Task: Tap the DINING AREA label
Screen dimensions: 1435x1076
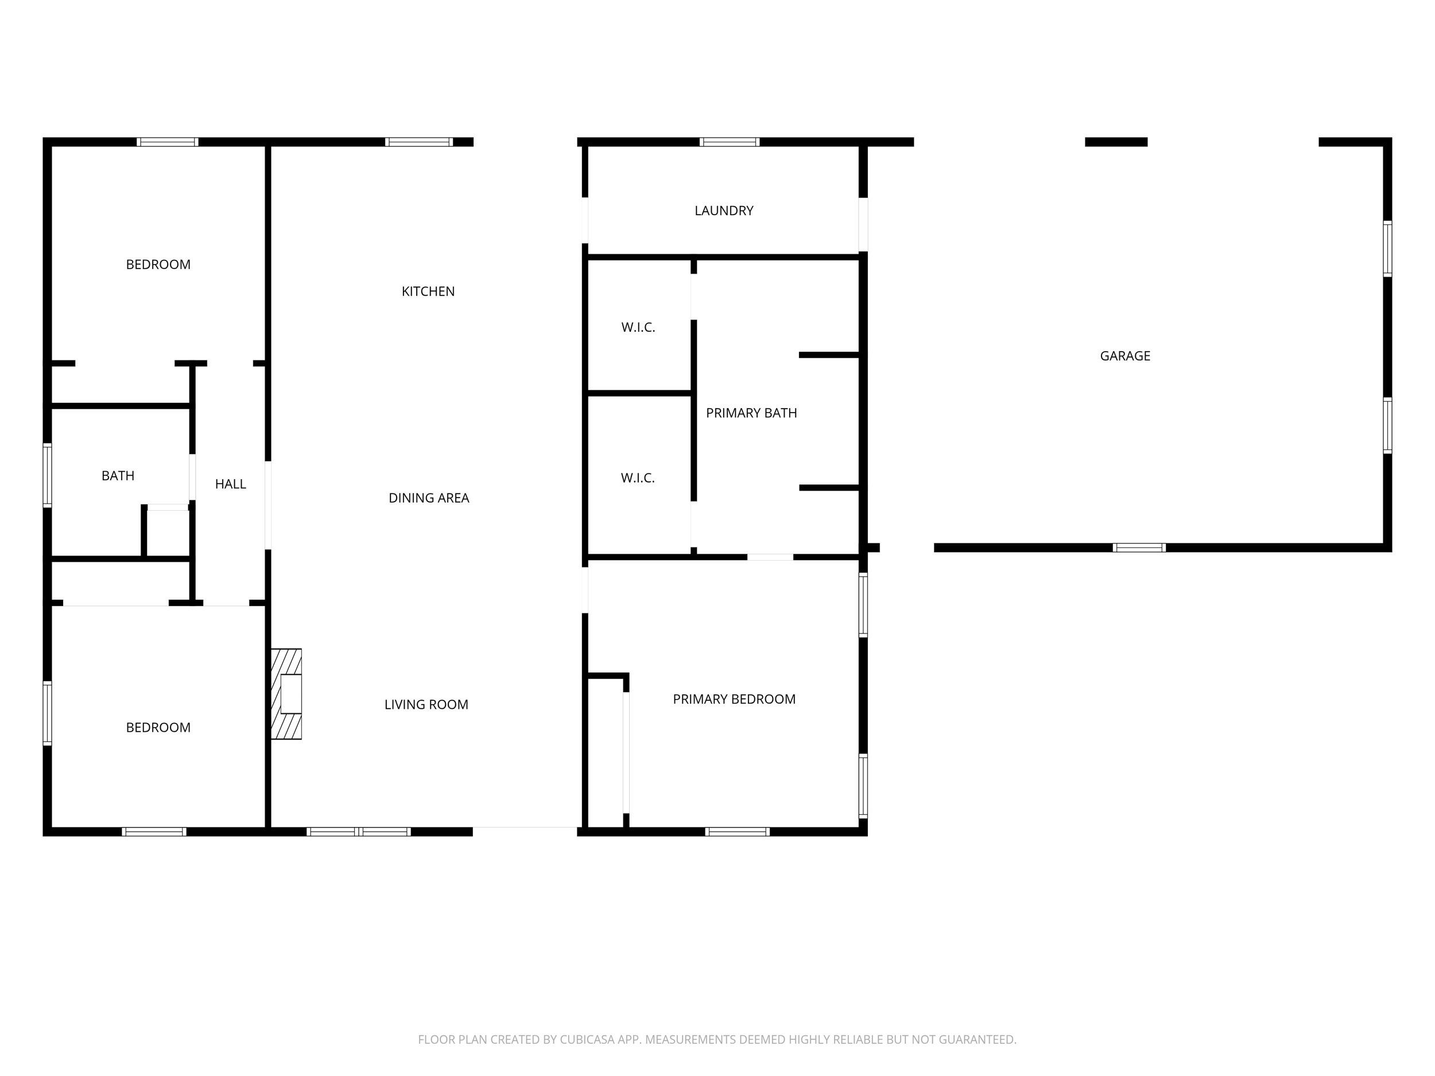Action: click(429, 498)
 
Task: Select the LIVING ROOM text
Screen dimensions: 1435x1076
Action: click(426, 704)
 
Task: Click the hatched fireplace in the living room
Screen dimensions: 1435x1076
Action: click(286, 694)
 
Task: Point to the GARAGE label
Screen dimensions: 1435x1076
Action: click(1125, 356)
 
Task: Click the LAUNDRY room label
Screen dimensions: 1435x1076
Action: click(724, 211)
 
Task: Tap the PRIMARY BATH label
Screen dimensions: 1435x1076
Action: click(751, 413)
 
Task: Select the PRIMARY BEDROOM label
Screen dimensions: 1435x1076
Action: click(734, 699)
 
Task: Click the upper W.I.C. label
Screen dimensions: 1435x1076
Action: click(638, 328)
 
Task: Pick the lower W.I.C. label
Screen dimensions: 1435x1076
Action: click(638, 478)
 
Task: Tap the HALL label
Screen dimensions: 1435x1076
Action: click(230, 484)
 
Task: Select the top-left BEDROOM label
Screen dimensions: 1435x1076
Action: click(158, 265)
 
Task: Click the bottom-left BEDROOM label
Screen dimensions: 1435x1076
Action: click(158, 728)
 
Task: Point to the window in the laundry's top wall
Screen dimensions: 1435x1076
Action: click(729, 142)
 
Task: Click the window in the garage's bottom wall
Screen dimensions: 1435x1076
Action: click(1139, 548)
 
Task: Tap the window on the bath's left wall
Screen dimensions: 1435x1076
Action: click(48, 475)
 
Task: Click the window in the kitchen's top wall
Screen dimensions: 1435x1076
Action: click(419, 142)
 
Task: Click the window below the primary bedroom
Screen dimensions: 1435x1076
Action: click(738, 832)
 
